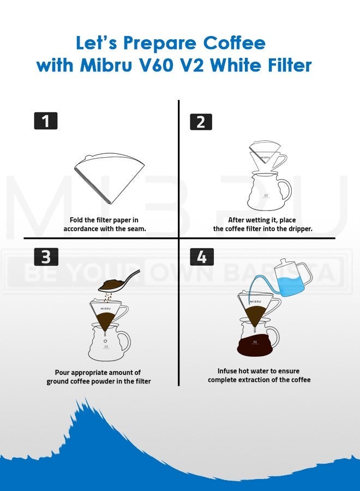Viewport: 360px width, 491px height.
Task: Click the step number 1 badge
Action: pyautogui.click(x=46, y=121)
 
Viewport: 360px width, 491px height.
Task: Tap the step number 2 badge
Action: pyautogui.click(x=201, y=121)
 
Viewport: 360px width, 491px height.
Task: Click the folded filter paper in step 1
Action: pyautogui.click(x=109, y=178)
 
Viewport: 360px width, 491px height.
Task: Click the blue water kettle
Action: pyautogui.click(x=292, y=278)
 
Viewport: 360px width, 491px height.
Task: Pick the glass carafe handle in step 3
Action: pyautogui.click(x=125, y=341)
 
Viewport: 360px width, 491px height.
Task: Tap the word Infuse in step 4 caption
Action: pyautogui.click(x=228, y=370)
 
